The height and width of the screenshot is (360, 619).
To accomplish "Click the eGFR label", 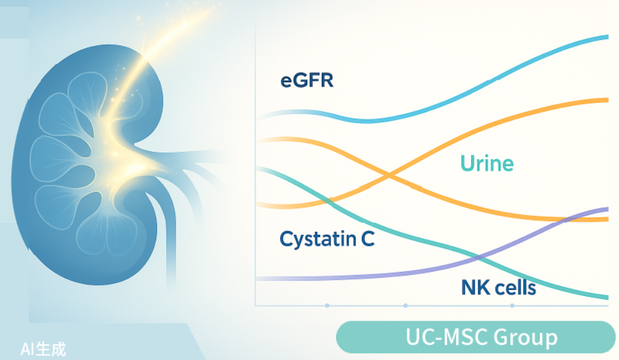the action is (x=307, y=80).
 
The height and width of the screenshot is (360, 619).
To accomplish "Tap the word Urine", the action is (x=487, y=163).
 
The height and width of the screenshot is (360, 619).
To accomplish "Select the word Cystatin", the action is (x=318, y=239).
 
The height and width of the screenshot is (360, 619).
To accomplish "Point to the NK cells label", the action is (x=499, y=287).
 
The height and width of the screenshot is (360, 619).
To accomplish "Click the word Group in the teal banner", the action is (x=525, y=338).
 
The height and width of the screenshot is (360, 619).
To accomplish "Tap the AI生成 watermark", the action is (x=43, y=349).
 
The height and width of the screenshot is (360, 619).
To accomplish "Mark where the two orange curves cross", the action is (x=389, y=175).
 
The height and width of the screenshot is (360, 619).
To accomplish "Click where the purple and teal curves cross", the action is (x=477, y=258).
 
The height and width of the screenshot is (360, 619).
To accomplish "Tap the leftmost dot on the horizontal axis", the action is (x=327, y=306).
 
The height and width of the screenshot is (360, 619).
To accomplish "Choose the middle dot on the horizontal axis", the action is (x=405, y=306).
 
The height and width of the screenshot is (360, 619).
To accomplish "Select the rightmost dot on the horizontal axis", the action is (x=512, y=306).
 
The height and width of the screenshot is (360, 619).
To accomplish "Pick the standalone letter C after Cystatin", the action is (x=368, y=239).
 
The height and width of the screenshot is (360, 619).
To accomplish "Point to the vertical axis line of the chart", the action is (x=255, y=164).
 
